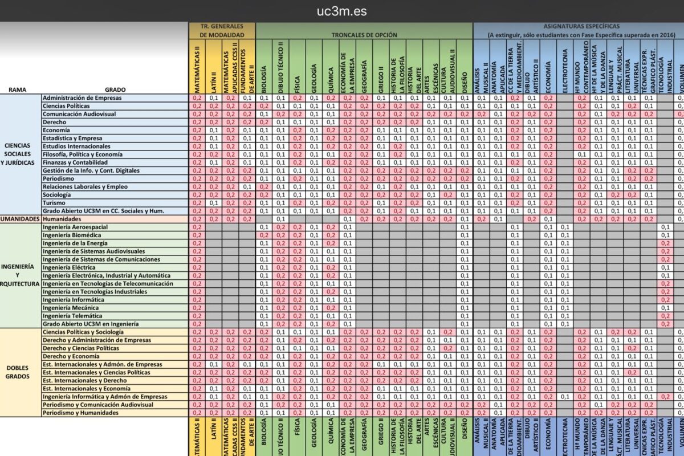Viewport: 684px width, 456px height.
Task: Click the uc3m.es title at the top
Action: (342, 11)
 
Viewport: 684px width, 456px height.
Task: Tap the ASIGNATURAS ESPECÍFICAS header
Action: (581, 26)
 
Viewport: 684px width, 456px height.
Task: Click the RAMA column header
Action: (17, 89)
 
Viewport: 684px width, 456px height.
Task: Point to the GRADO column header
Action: (115, 89)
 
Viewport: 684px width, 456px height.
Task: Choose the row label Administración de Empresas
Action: (82, 98)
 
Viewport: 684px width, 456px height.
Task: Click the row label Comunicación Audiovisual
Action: (79, 114)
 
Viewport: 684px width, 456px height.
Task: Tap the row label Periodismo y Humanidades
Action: (80, 412)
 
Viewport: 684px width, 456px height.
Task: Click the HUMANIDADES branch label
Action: (21, 219)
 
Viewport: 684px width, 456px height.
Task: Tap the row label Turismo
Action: (55, 203)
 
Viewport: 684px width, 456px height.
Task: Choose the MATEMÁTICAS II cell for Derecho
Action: (198, 122)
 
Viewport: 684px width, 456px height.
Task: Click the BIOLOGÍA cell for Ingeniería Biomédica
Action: (264, 235)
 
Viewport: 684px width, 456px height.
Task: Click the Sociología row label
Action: (58, 195)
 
